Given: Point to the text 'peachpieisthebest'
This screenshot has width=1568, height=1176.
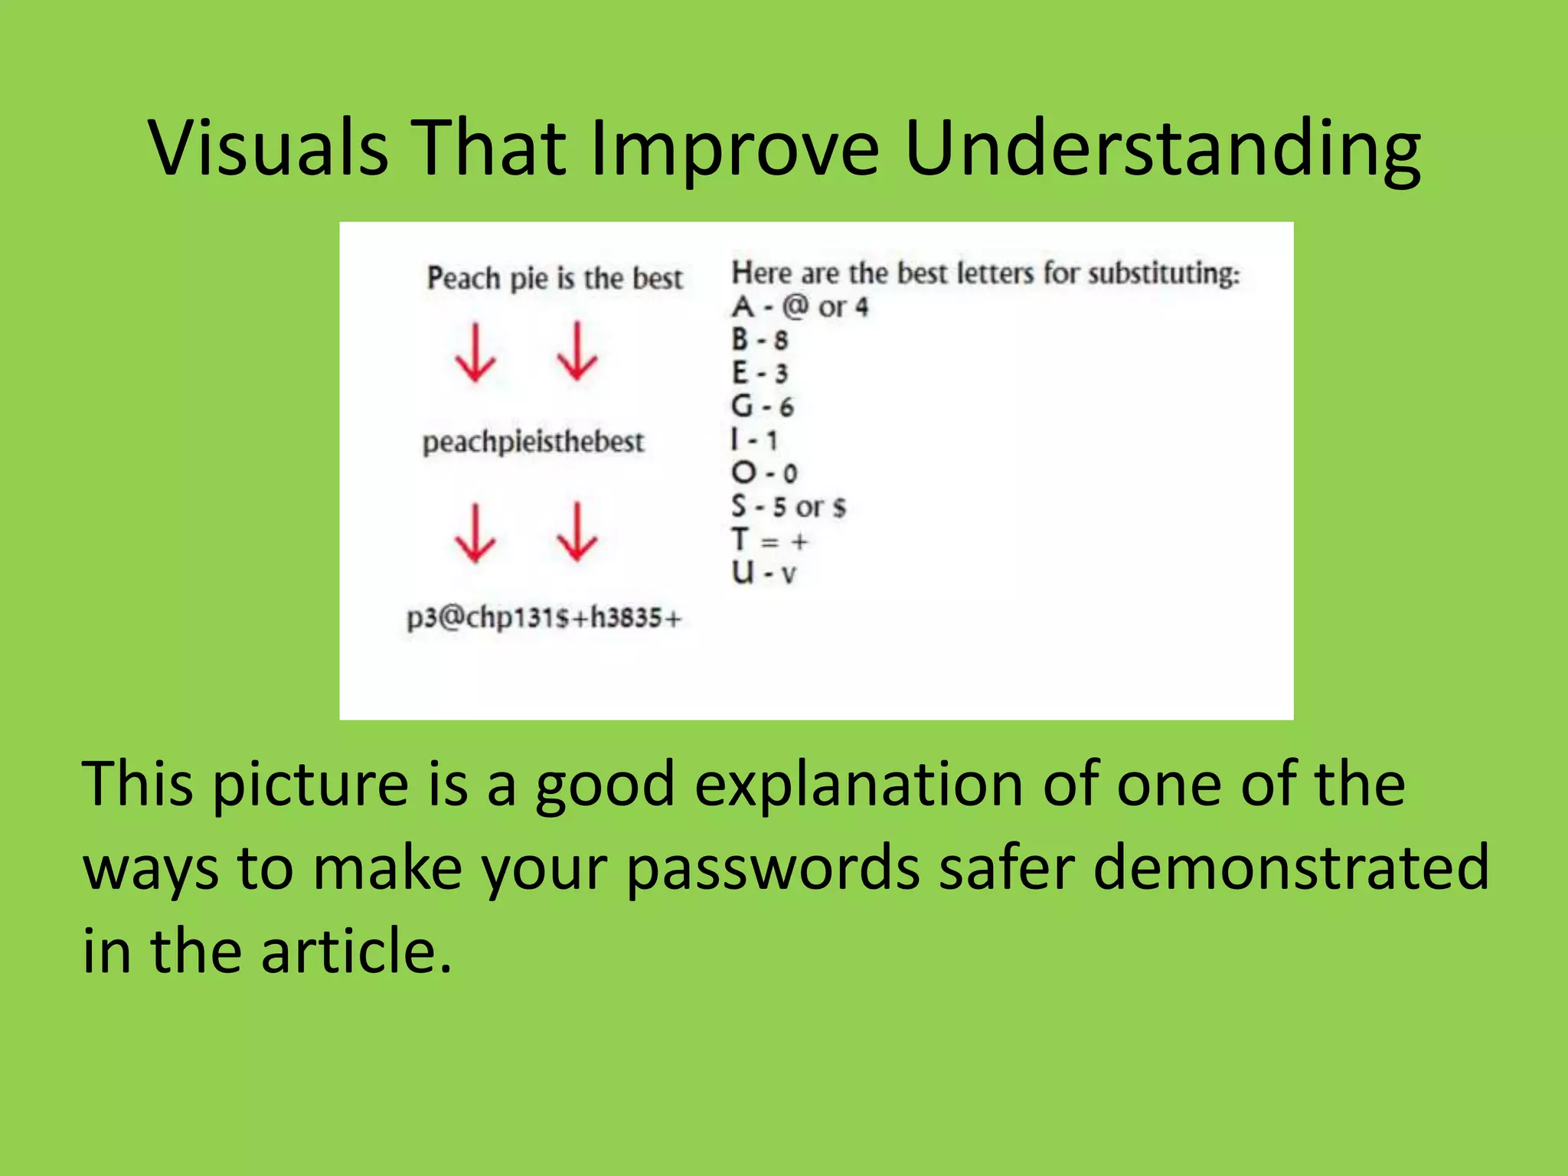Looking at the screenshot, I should tap(534, 443).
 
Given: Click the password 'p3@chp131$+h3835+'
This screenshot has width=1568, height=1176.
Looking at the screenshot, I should tap(544, 617).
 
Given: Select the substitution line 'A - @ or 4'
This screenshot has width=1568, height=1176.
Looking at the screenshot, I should tap(800, 308).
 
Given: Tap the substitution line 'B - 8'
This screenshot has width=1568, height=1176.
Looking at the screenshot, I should tap(759, 340).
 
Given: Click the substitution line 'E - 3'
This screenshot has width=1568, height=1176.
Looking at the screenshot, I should tap(759, 374).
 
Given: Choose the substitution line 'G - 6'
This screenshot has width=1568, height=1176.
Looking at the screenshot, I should tap(763, 407).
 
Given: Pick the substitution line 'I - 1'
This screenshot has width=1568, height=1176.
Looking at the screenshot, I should tap(754, 440).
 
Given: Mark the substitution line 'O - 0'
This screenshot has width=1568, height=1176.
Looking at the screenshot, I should tap(764, 473).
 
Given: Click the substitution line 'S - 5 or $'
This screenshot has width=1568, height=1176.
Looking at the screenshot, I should tap(789, 507).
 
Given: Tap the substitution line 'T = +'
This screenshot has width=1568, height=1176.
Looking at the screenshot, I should tap(769, 541).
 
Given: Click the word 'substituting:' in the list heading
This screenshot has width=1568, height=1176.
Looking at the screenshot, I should tap(1164, 274).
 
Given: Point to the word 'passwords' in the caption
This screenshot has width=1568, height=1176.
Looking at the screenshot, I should tap(773, 869).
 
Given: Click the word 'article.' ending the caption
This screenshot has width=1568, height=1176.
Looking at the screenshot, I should tap(356, 952).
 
